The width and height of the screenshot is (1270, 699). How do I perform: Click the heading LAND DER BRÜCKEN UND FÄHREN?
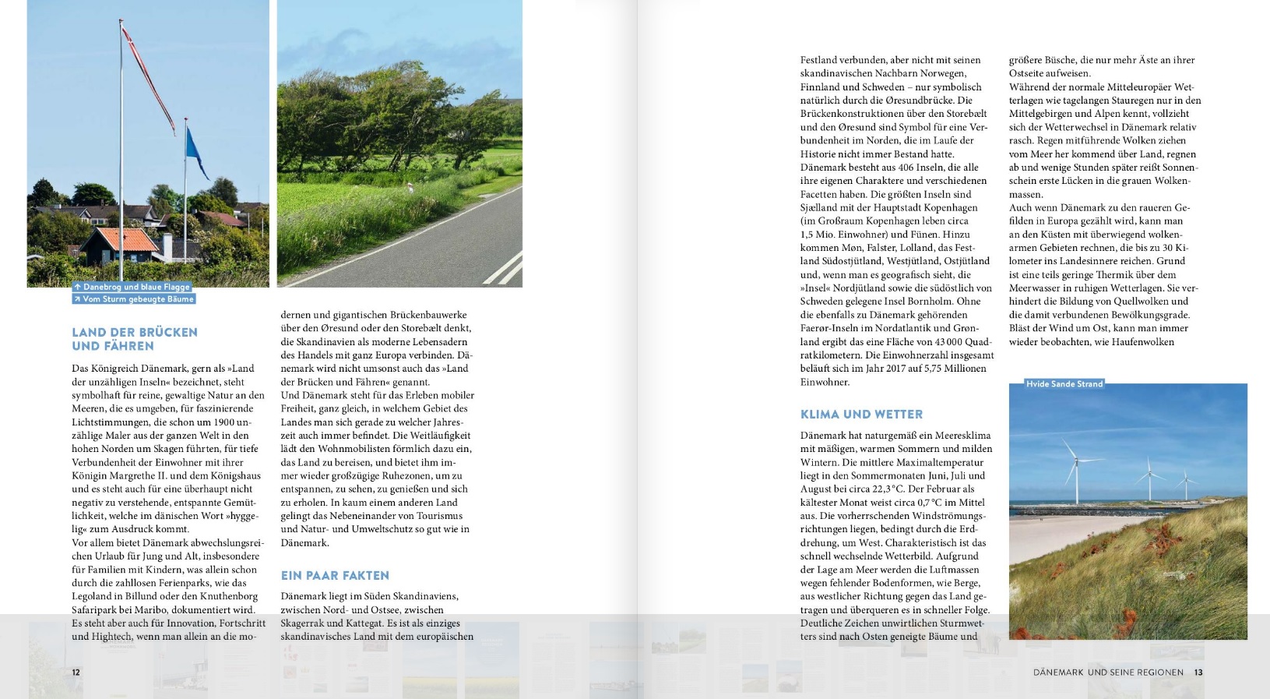pos(134,339)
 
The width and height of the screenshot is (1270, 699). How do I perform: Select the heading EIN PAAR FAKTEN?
pos(335,576)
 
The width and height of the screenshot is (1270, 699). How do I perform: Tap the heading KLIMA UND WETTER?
pos(861,415)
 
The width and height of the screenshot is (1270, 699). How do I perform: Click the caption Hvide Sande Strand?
pos(1064,384)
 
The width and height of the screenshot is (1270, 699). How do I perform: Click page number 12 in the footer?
pos(76,673)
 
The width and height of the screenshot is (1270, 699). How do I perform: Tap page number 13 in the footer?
pos(1198,673)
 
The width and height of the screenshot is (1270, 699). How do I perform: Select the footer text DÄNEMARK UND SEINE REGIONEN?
pos(1107,673)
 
